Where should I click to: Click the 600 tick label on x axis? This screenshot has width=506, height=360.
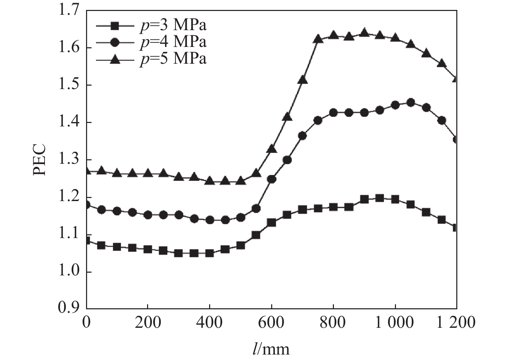pos(271,323)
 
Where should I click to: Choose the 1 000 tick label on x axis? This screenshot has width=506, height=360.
pos(395,323)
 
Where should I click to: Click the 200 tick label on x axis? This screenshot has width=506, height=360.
pos(147,323)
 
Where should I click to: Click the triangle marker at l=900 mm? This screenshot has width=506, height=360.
pos(364,33)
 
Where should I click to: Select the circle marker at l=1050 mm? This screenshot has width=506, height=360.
pos(411,102)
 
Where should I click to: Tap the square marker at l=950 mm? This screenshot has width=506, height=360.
pos(379,198)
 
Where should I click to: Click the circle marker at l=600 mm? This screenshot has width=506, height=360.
pos(272,179)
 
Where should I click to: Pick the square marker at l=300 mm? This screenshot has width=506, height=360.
pos(178,253)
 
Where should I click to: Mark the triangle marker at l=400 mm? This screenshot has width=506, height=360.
pos(209,181)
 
